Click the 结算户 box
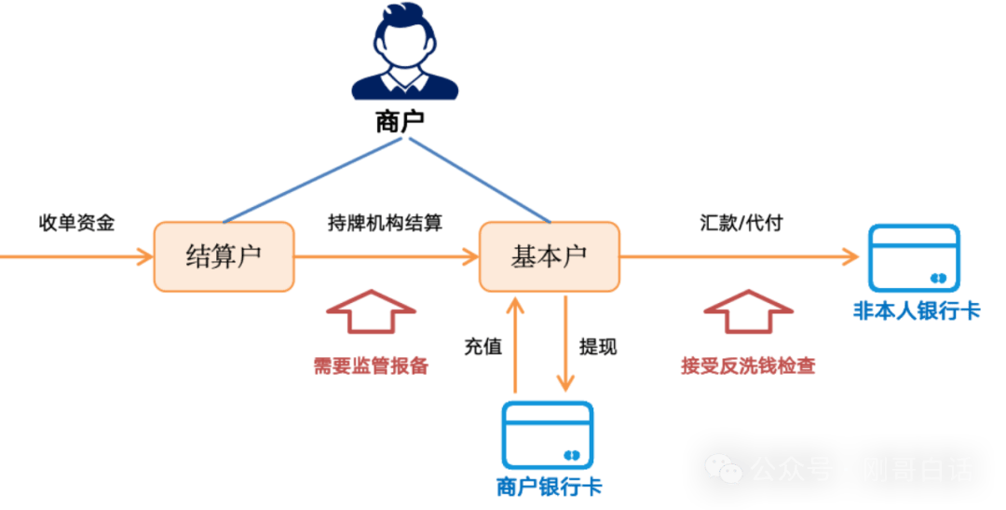pos(224,256)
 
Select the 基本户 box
pos(550,256)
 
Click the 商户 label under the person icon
pos(400,121)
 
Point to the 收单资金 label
pos(77,223)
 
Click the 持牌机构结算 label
pos(385,224)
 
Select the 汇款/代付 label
pos(741,224)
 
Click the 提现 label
pos(597,347)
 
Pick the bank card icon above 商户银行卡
pos(548,434)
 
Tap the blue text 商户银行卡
pos(549,486)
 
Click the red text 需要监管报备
pos(371,365)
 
